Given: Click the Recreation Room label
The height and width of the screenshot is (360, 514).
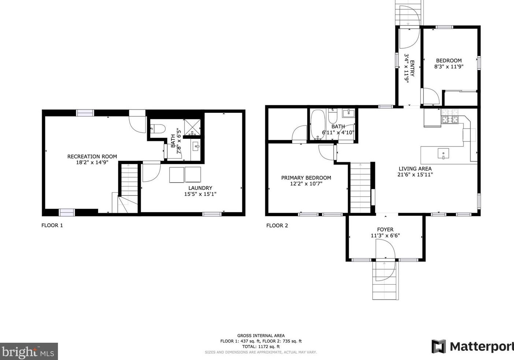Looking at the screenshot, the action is coord(92,157).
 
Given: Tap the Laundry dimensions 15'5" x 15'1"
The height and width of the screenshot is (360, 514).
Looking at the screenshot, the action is coord(200,194).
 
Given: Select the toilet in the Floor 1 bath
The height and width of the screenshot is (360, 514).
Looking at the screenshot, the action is coord(158,129).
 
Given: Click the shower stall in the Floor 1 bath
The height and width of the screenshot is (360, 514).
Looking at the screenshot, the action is coord(192,127).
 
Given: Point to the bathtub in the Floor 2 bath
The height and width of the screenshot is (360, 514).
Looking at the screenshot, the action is coord(318,125).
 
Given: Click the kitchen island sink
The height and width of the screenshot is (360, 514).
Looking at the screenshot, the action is coord(443,153).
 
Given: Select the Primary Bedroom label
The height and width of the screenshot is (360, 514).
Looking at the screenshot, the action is coord(306,178).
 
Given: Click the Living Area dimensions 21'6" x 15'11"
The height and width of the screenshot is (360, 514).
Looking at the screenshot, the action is coord(415,174).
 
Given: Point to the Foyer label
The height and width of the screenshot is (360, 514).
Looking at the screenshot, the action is coord(385,229).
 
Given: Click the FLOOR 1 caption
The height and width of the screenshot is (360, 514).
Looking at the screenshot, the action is coord(52,226).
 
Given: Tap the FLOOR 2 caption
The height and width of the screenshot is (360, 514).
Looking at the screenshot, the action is coord(277,226).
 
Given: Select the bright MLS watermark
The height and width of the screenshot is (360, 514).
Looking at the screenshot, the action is coord(29,352).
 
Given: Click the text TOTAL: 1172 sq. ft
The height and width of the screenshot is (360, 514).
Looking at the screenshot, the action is coord(261,347).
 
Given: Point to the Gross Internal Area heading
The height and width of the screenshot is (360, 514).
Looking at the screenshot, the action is coord(261,336).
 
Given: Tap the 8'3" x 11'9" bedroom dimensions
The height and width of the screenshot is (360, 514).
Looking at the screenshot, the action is coord(449,67).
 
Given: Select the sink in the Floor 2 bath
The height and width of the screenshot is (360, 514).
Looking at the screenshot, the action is coord(348,113).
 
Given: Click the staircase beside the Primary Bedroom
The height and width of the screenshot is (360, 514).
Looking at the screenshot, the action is coord(360,188).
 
